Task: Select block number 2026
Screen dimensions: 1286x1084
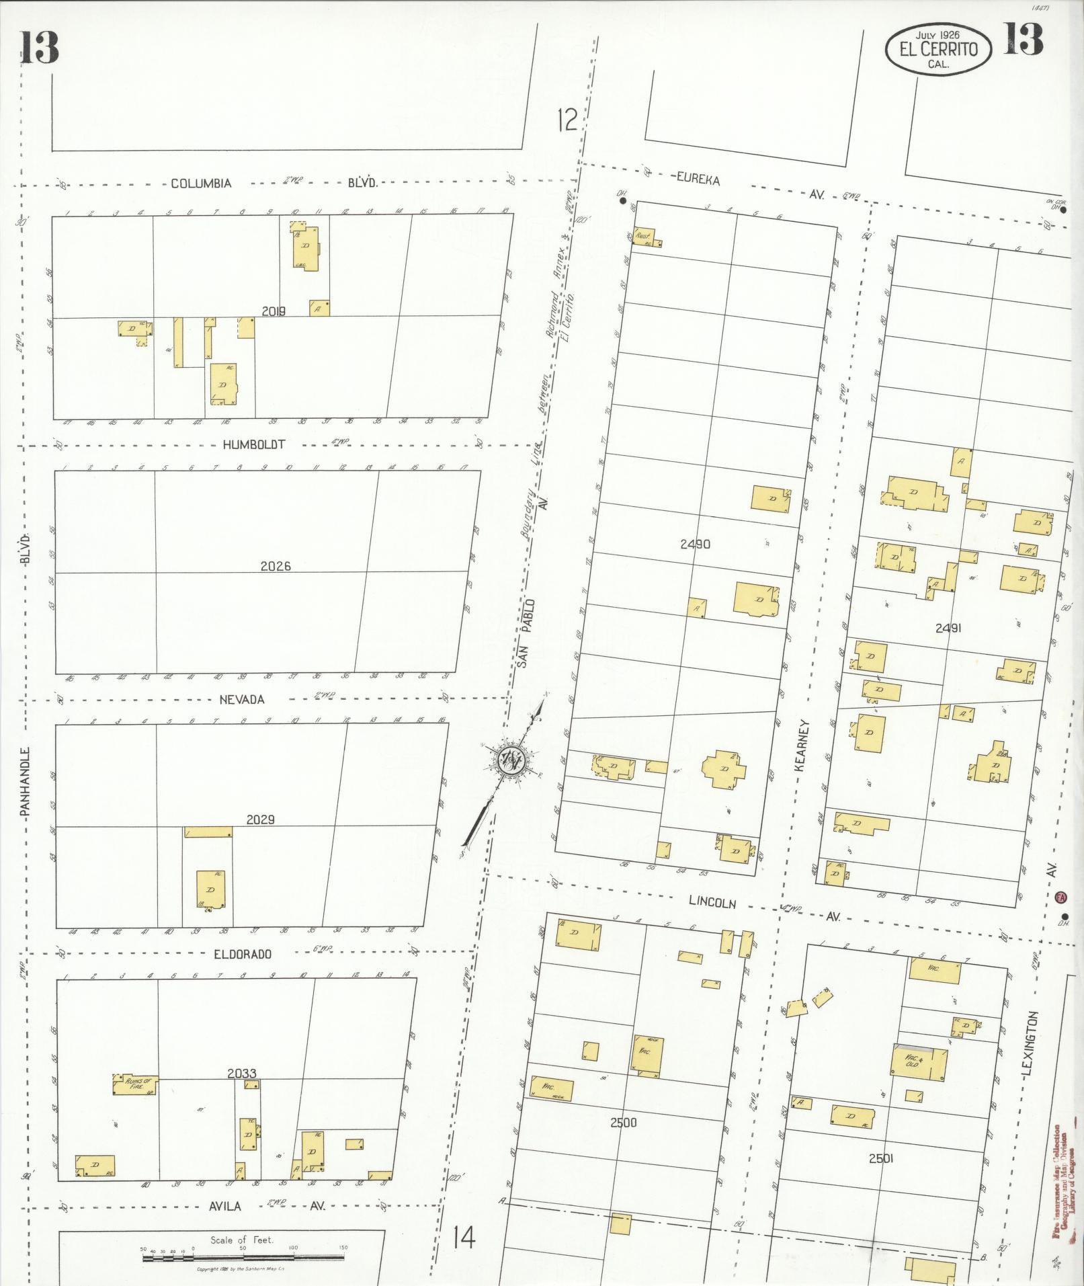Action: click(276, 566)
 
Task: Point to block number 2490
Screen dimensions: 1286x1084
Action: click(694, 544)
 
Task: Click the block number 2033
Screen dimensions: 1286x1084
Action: click(241, 1074)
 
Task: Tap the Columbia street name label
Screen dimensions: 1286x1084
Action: click(201, 183)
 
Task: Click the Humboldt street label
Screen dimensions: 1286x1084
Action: click(255, 444)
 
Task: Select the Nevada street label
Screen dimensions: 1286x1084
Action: click(242, 699)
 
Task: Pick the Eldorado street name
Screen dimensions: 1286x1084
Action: click(243, 953)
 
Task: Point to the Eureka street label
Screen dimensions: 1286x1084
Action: click(698, 179)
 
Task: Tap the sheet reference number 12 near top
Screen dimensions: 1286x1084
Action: click(567, 120)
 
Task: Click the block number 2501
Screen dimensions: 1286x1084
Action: click(880, 1158)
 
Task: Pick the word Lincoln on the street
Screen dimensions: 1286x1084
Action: click(712, 903)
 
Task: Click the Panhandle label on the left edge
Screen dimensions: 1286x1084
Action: click(26, 782)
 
